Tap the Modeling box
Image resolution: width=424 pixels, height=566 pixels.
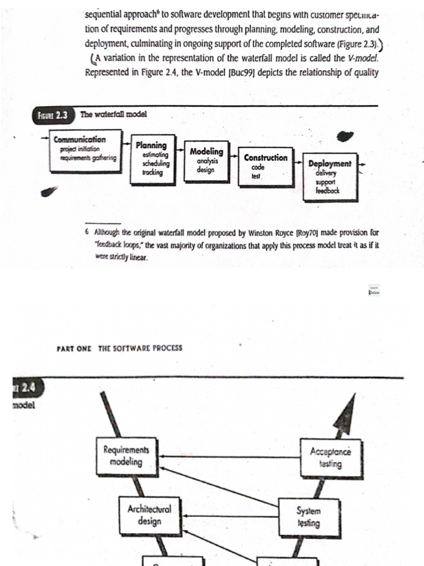click(206, 160)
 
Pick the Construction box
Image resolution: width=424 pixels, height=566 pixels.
click(266, 164)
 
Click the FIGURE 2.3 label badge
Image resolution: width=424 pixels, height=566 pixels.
click(54, 116)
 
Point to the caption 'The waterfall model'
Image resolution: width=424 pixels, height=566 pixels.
click(114, 115)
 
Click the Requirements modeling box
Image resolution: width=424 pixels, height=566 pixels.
click(126, 456)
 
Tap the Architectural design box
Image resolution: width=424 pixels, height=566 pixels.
click(149, 515)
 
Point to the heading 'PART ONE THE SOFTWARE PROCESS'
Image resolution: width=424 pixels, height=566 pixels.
click(119, 348)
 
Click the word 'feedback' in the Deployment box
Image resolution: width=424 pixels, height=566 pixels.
click(327, 191)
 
